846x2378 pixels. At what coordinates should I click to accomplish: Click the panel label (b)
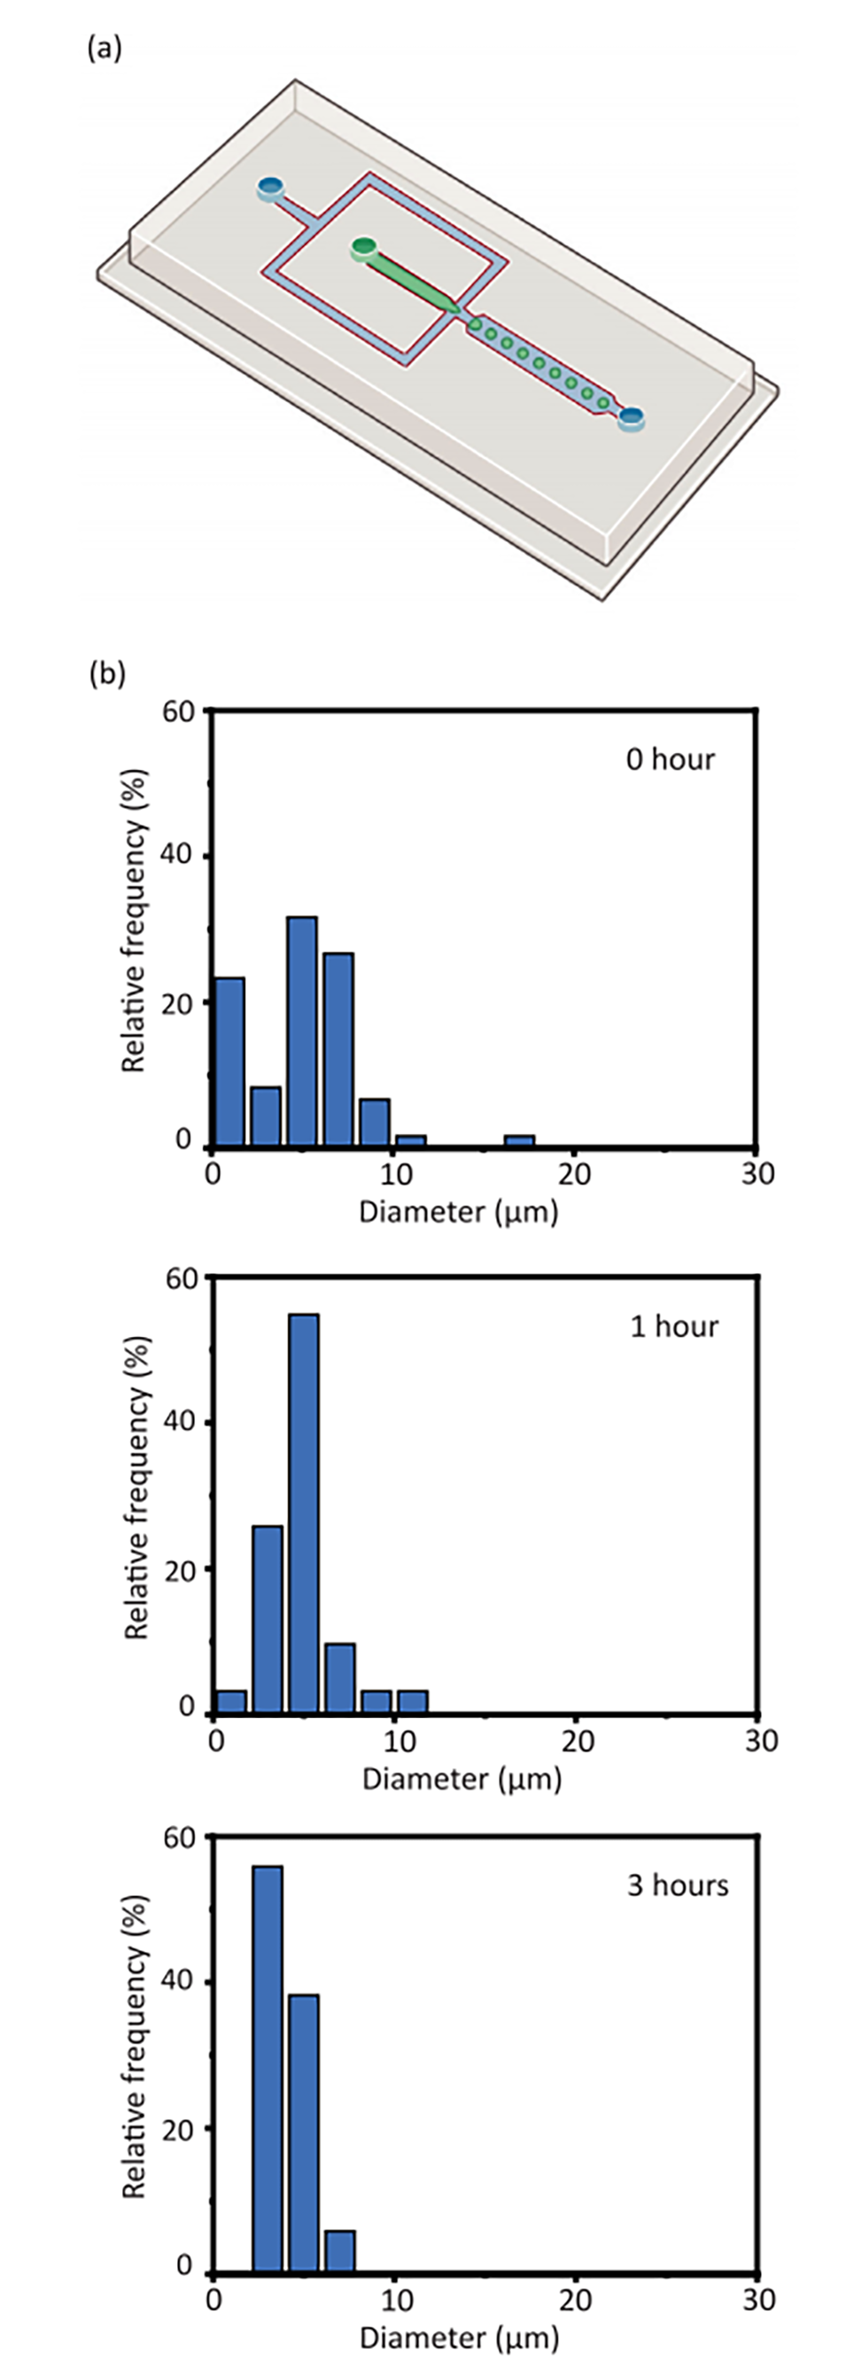point(106,674)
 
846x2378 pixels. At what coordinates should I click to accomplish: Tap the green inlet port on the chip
point(364,246)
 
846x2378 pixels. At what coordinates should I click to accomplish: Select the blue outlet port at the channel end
point(631,418)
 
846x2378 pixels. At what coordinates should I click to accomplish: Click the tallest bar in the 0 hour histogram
point(302,1031)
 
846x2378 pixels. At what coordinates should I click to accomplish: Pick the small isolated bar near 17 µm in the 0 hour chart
point(519,1141)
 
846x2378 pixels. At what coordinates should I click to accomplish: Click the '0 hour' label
point(671,758)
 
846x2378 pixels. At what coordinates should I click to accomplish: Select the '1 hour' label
point(674,1326)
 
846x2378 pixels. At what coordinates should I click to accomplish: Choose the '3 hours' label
point(678,1885)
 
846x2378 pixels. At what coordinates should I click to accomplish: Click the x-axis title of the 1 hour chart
point(462,1780)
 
